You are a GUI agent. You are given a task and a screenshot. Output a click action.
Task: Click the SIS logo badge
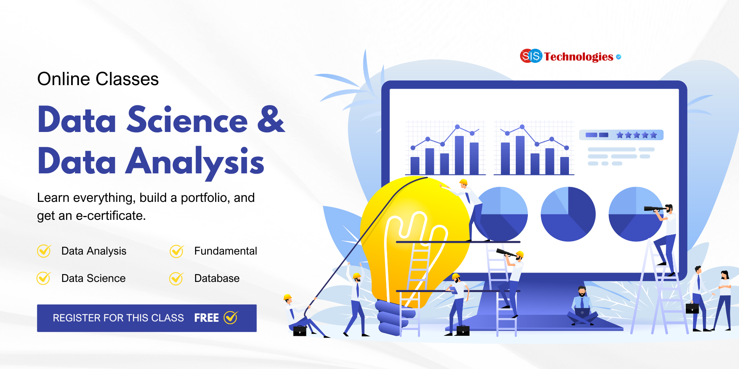(x=531, y=56)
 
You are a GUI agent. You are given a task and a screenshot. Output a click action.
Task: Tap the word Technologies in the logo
(x=578, y=57)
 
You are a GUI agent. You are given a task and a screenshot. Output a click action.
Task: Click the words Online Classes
(x=98, y=79)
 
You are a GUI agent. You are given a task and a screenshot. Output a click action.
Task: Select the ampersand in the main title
(x=271, y=119)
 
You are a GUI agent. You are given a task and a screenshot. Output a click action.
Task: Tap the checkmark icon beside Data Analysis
(x=44, y=251)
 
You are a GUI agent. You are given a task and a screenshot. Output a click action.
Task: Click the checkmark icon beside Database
(x=176, y=278)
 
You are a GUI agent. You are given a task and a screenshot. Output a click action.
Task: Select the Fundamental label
(x=225, y=251)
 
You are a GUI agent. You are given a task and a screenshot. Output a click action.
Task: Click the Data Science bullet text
(x=93, y=278)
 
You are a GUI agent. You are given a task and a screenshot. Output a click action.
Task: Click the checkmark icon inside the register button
(x=231, y=317)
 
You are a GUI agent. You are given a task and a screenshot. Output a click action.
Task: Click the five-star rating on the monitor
(x=636, y=135)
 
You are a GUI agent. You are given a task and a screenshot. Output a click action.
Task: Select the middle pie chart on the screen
(x=568, y=214)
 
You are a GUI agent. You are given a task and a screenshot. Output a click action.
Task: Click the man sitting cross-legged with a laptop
(x=582, y=307)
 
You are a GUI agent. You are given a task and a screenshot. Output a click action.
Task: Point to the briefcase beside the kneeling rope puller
(x=300, y=331)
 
